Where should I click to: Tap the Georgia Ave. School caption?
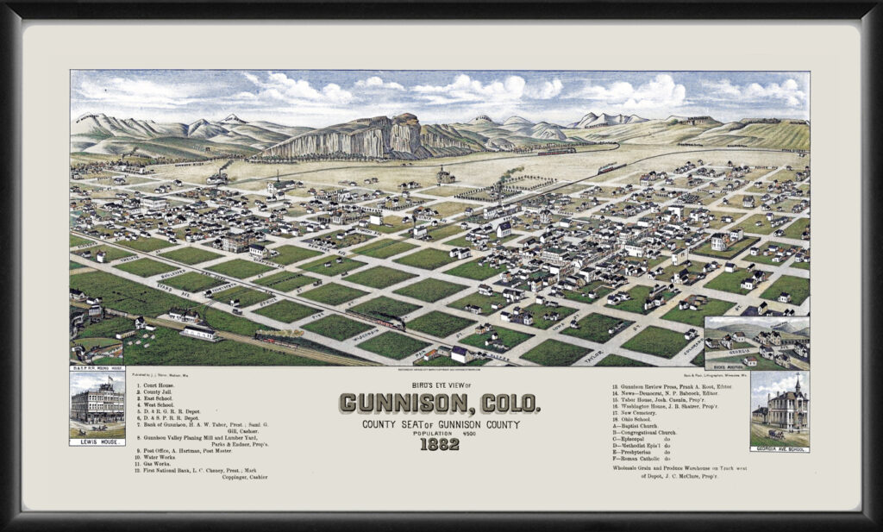coord(780,448)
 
